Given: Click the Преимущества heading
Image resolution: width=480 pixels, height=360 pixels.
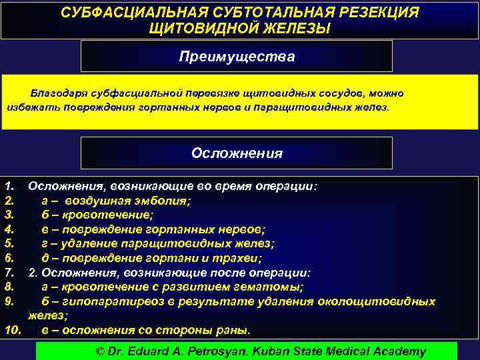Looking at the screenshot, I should [x=237, y=57].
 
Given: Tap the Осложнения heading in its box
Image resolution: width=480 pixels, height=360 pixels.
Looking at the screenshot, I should [x=237, y=153].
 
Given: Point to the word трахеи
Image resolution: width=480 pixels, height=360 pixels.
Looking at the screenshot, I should [x=243, y=258].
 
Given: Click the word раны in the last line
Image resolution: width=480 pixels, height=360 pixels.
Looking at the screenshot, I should [x=235, y=330].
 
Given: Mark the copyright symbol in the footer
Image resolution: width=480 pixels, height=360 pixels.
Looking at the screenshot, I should [x=101, y=351].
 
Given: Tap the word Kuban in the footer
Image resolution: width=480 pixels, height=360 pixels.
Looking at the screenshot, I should [x=270, y=351].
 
